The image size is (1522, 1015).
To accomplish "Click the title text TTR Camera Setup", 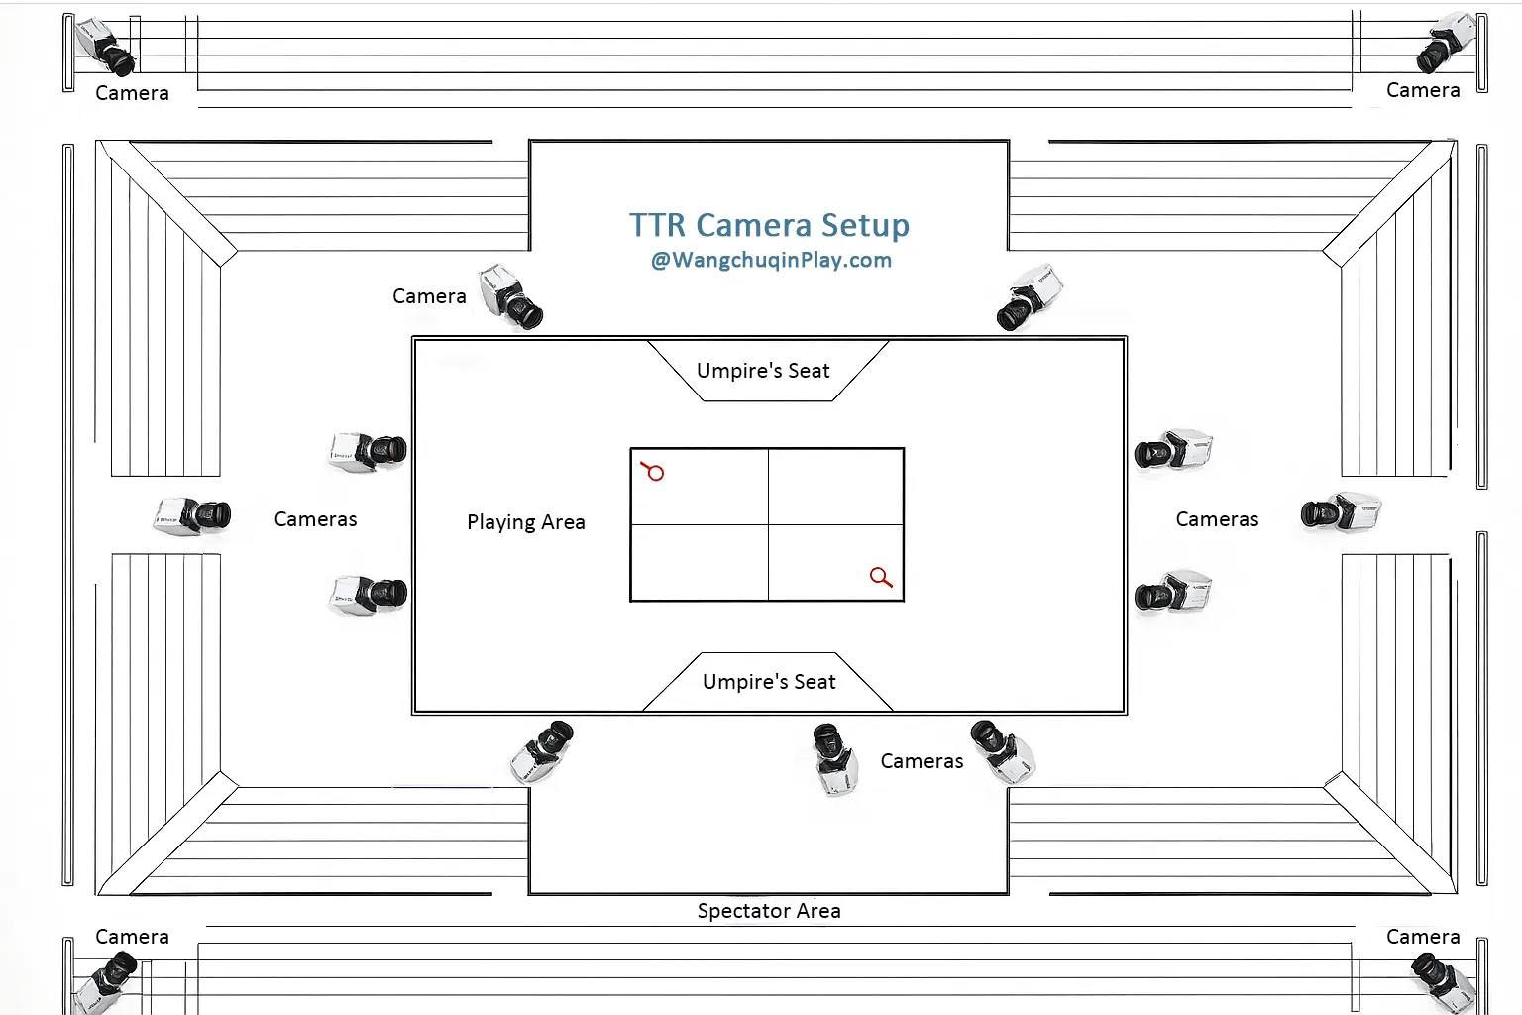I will [769, 225].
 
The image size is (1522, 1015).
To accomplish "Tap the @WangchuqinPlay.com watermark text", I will [771, 261].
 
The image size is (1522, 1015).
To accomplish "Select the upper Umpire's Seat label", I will [763, 371].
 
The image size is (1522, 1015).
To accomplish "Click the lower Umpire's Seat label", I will [769, 682].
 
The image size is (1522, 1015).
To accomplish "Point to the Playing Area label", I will [526, 522].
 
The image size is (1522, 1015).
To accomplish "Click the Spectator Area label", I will [769, 911].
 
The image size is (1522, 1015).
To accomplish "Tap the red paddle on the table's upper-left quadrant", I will [653, 471].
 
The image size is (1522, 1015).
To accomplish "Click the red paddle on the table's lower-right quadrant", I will [881, 577].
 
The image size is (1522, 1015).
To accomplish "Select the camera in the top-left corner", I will [105, 47].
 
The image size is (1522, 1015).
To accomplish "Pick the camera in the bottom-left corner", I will [107, 981].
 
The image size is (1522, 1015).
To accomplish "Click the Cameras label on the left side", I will [315, 519].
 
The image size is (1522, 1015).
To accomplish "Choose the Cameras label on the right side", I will [1217, 519].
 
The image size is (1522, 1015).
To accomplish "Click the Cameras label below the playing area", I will [922, 761].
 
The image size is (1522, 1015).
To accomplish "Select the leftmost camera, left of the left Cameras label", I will [193, 515].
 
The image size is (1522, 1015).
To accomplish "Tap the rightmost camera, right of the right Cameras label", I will [1341, 512].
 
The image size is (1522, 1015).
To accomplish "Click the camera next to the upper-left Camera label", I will [510, 296].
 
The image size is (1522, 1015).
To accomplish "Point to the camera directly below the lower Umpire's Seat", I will [833, 758].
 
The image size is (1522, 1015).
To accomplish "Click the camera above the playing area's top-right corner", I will [1030, 296].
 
